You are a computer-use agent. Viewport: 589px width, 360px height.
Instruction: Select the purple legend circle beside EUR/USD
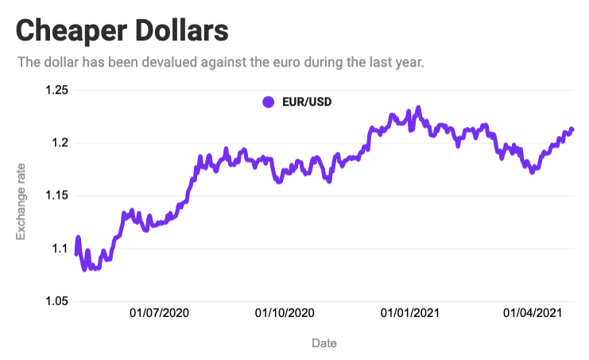[268, 102]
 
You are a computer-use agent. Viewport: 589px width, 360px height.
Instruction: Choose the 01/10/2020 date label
[284, 313]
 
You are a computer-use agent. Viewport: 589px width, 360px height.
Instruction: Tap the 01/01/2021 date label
[409, 313]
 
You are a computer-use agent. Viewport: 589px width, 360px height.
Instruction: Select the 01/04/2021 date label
[533, 313]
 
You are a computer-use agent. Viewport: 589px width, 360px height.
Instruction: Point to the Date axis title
[324, 343]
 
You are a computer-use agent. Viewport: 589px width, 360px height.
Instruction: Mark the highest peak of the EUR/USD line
[418, 108]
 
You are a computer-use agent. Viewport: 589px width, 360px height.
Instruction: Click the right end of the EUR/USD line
[572, 130]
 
